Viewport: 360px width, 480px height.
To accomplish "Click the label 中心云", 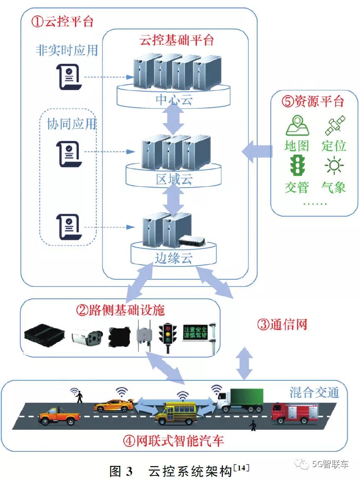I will pos(174,100).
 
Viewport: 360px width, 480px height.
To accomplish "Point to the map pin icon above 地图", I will pos(297,126).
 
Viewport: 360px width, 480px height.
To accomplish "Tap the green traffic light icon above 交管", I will pos(297,166).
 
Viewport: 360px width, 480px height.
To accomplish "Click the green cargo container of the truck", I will pos(247,400).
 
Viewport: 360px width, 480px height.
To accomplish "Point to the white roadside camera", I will pos(87,338).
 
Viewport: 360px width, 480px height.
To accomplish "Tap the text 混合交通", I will pos(314,392).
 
